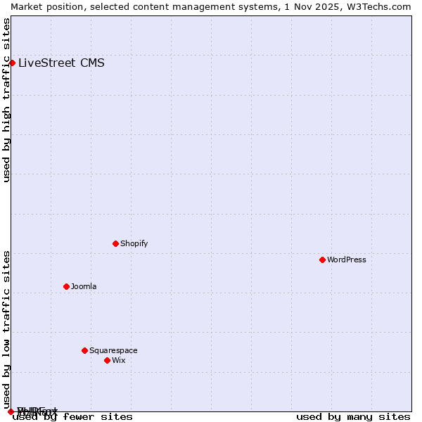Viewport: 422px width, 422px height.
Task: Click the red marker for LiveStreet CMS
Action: click(x=12, y=63)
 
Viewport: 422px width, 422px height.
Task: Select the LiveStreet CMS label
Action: click(x=61, y=63)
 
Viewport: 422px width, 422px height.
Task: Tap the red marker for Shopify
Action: click(x=115, y=243)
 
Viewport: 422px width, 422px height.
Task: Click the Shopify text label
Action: click(x=134, y=243)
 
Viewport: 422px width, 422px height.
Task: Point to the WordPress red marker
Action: click(x=322, y=260)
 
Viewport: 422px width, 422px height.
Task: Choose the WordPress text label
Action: click(x=346, y=260)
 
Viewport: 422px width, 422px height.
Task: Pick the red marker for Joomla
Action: click(x=66, y=286)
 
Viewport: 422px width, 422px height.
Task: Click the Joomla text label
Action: click(x=84, y=286)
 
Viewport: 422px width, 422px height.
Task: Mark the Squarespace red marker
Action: click(x=84, y=350)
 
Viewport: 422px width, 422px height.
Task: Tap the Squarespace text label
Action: click(x=113, y=350)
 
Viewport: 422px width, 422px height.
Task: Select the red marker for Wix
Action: click(x=107, y=360)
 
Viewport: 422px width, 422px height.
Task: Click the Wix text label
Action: click(x=118, y=360)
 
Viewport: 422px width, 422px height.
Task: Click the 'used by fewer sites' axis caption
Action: click(x=72, y=417)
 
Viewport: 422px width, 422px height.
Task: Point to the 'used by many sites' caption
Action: click(x=353, y=417)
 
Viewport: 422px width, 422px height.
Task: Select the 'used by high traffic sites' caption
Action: click(x=6, y=100)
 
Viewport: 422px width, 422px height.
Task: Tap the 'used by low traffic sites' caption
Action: click(x=6, y=329)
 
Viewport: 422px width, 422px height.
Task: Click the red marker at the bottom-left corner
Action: click(x=11, y=411)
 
